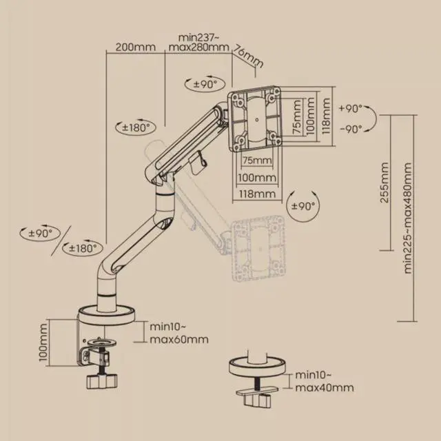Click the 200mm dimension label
coord(136,47)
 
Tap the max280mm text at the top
coord(199,47)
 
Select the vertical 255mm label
coord(384,182)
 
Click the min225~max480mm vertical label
coord(407,218)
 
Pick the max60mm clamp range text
coord(179,340)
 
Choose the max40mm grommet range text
coord(325,387)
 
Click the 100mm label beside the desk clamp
coord(43,342)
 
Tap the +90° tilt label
coord(351,109)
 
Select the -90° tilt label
coord(351,129)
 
